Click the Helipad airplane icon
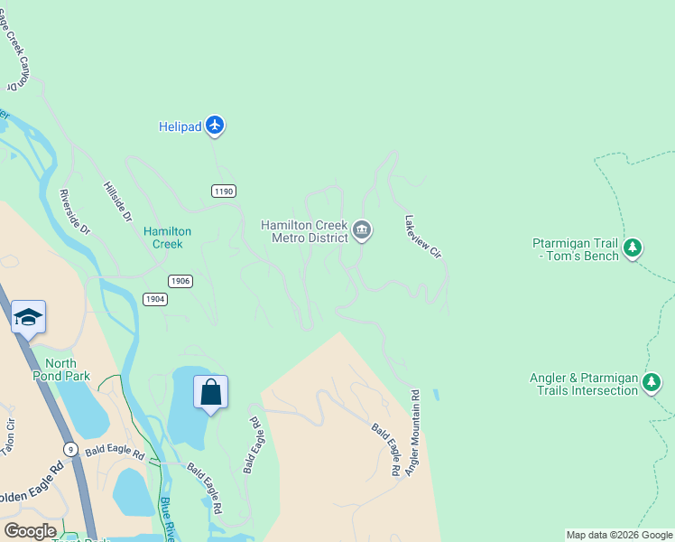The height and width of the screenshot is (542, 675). coord(214,125)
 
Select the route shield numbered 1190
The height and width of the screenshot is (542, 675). coord(224,191)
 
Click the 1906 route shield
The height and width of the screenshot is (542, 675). coord(180,281)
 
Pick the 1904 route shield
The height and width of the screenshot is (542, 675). coord(155,299)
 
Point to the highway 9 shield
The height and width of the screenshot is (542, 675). coord(69,449)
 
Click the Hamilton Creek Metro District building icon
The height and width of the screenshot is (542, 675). coord(362,230)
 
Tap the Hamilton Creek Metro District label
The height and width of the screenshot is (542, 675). coord(304,231)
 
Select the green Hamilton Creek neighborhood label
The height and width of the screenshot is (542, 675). coord(168,238)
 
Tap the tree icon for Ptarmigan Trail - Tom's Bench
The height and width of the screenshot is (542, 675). coord(633,247)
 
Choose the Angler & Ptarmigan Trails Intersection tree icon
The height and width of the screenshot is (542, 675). coord(652,384)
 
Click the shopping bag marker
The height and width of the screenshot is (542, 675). coord(210,393)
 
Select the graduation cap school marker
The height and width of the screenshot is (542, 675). coord(28,317)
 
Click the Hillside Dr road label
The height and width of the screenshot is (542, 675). coord(117,202)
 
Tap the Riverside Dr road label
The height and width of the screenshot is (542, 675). coord(75,211)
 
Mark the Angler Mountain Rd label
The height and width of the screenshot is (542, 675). coord(414,433)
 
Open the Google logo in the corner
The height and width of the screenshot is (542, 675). coord(31,531)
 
